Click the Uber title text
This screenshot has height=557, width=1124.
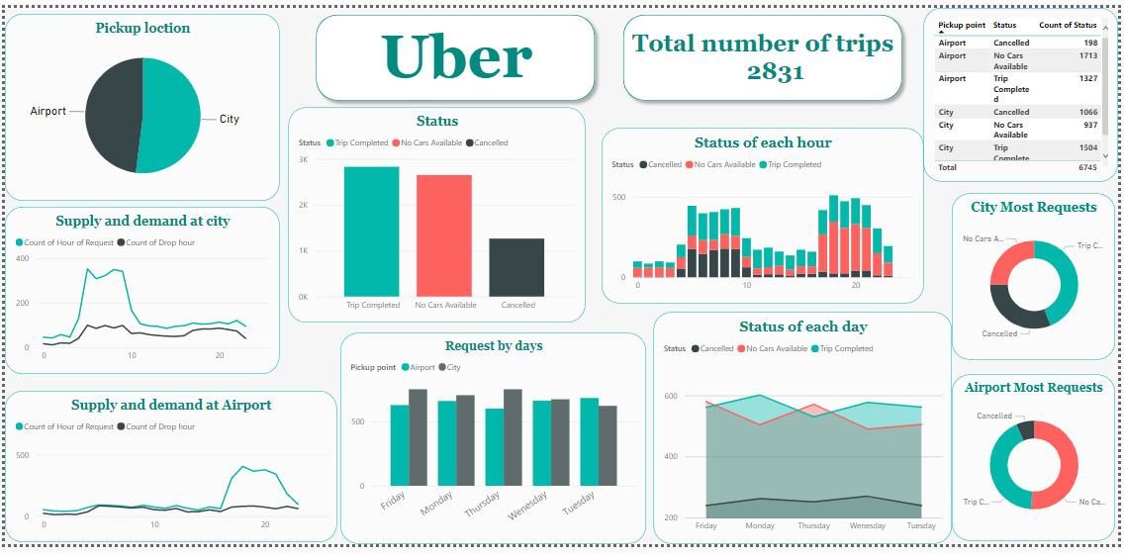456,56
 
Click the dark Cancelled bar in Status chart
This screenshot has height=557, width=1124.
516,267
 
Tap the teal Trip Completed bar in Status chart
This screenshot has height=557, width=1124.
371,232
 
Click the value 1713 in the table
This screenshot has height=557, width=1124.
1087,56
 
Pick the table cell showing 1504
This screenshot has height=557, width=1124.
1087,147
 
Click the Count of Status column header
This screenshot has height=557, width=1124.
1067,25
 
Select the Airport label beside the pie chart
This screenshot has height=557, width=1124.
48,111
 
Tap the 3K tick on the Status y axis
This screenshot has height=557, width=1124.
303,159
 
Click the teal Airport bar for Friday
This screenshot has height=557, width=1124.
400,445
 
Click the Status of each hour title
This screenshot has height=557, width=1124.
762,142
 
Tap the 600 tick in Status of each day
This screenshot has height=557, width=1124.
671,396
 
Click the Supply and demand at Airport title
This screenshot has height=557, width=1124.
171,405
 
